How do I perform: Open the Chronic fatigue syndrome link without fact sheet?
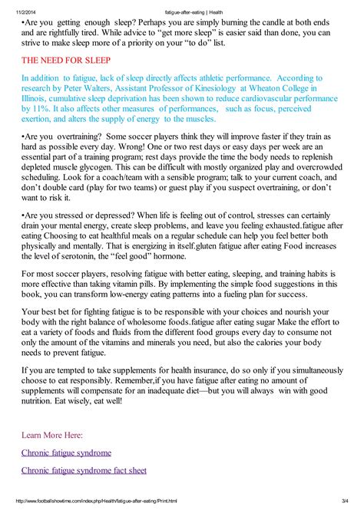pos(66,452)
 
